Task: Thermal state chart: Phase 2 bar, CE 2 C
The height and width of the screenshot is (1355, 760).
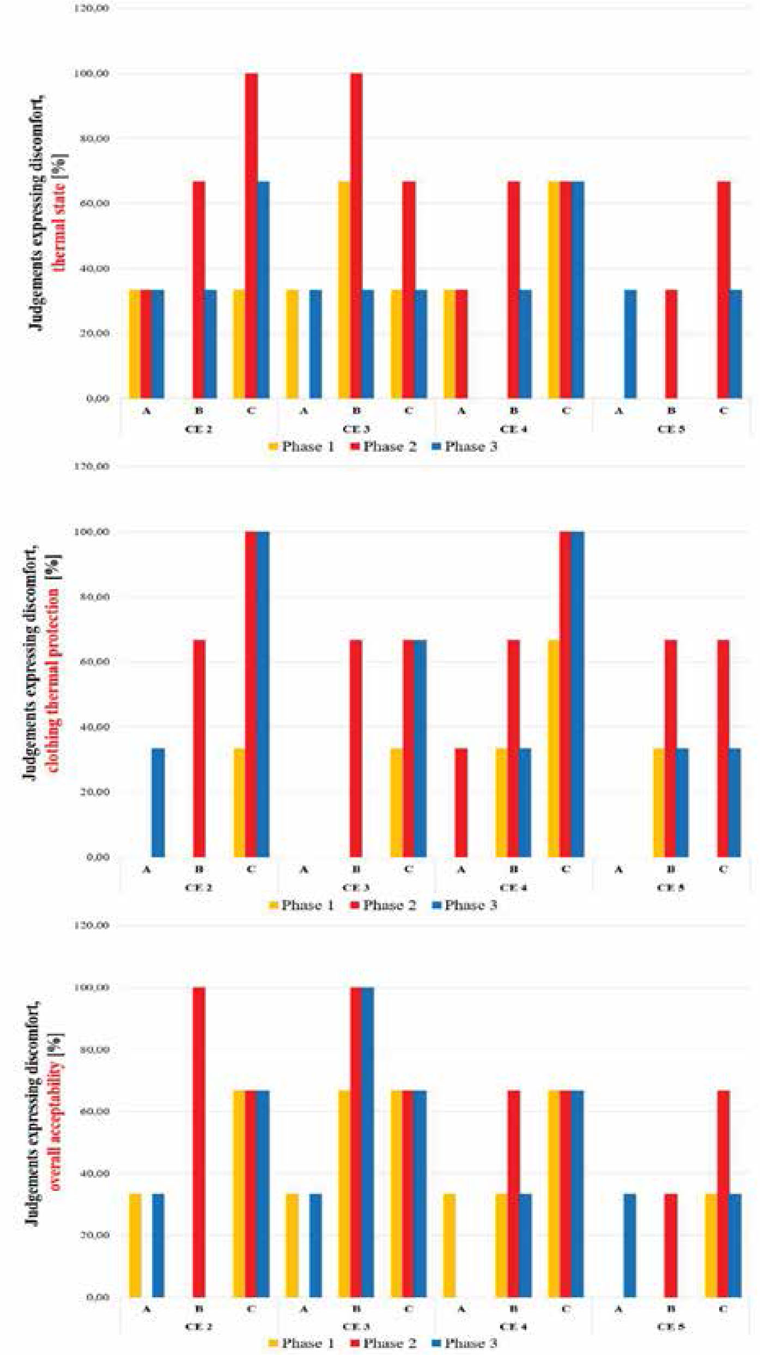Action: pyautogui.click(x=251, y=234)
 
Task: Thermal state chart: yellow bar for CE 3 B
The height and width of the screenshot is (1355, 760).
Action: pyautogui.click(x=344, y=289)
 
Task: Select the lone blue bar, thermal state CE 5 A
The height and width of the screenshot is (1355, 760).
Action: pyautogui.click(x=630, y=343)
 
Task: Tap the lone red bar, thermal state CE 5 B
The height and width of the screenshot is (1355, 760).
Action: pyautogui.click(x=671, y=343)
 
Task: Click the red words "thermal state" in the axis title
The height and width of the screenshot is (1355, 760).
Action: pyautogui.click(x=59, y=226)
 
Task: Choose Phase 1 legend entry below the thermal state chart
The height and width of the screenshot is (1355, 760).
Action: pyautogui.click(x=302, y=447)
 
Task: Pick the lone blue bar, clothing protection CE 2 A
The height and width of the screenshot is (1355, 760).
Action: pyautogui.click(x=158, y=802)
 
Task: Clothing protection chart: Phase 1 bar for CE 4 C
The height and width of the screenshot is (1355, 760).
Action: pyautogui.click(x=554, y=748)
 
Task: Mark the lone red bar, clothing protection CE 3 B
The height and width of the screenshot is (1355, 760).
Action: pyautogui.click(x=356, y=748)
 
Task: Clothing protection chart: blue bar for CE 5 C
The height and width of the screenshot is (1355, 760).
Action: pyautogui.click(x=734, y=802)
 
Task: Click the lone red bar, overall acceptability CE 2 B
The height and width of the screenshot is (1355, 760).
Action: pyautogui.click(x=199, y=1141)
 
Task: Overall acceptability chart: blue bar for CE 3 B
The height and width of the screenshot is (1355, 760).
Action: pyautogui.click(x=368, y=1141)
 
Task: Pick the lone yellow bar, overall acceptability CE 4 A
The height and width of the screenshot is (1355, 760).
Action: pyautogui.click(x=449, y=1245)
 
